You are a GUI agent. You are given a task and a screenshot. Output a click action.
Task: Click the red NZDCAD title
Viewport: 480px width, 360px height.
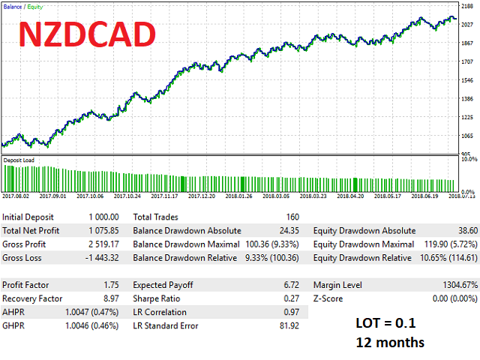point(87,34)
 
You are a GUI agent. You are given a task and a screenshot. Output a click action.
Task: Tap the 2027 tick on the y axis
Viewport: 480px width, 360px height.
point(467,23)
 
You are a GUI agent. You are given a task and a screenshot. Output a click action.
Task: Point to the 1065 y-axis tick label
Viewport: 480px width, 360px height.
point(467,136)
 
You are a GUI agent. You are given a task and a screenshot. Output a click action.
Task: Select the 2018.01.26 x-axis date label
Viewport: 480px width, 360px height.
point(240,196)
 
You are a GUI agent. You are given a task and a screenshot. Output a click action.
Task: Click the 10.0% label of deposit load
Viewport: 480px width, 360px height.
point(469,159)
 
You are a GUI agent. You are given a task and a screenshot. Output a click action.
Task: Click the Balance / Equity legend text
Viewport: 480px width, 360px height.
point(22,6)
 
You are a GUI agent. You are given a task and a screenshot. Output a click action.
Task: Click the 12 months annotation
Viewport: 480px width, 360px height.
point(390,342)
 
